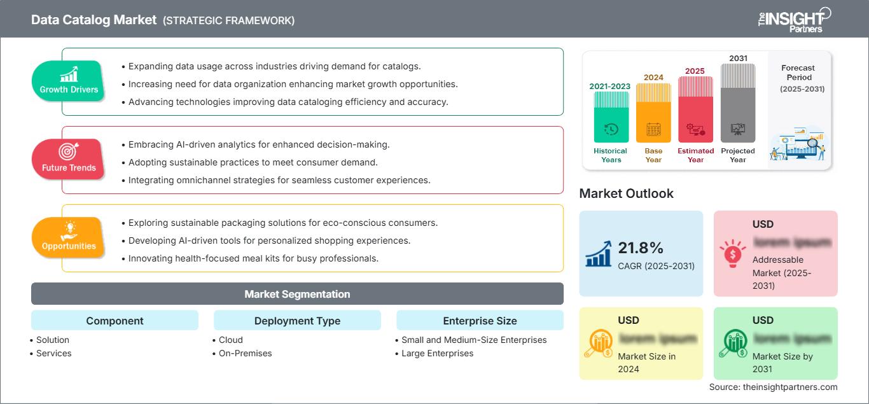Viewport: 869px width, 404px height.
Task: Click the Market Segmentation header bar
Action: (297, 294)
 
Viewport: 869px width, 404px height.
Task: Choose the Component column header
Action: (115, 321)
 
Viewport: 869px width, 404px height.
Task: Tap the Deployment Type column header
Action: (297, 321)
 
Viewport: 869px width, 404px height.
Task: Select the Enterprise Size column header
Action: (480, 321)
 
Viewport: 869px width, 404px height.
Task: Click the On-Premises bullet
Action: (245, 353)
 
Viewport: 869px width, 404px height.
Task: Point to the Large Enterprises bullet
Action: (437, 353)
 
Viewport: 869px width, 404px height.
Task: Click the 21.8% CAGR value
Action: (641, 248)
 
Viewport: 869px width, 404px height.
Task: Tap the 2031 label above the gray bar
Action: (738, 59)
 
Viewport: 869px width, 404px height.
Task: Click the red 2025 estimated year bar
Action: (695, 109)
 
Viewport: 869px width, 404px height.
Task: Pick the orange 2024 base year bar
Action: (653, 113)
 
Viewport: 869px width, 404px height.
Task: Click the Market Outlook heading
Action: (626, 193)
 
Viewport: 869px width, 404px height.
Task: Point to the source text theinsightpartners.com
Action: (773, 387)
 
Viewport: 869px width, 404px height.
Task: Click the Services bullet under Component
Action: (53, 353)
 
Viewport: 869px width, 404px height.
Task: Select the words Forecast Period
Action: (798, 73)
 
